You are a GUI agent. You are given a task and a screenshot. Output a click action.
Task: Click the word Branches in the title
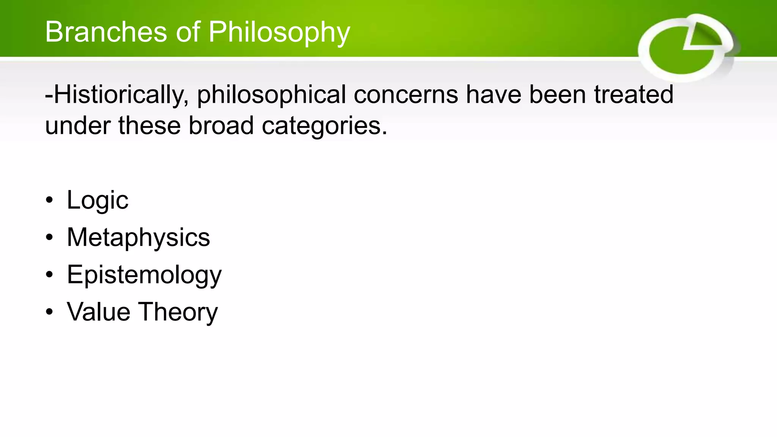coord(106,32)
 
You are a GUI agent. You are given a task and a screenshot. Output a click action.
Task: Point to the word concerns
coord(406,95)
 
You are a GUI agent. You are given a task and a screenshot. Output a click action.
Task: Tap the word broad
coord(221,126)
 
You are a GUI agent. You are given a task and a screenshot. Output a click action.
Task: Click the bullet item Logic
coord(98,200)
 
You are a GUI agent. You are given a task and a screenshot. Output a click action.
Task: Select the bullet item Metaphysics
coord(138,237)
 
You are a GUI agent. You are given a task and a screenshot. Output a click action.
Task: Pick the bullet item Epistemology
coord(144,275)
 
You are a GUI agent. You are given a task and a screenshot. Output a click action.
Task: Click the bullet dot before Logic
coord(49,201)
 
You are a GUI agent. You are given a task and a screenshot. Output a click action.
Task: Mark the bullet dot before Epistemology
coord(49,275)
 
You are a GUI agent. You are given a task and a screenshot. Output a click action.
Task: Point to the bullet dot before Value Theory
coord(49,312)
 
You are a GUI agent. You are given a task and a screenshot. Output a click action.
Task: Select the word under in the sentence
coord(78,126)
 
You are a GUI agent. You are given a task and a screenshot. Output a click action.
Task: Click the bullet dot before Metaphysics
coord(49,238)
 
